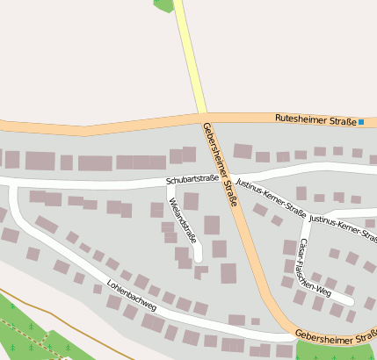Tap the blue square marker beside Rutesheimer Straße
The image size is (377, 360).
click(361, 121)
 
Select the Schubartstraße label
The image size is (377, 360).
click(192, 179)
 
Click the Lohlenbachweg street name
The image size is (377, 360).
click(131, 296)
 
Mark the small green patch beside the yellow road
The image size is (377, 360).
click(163, 4)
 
